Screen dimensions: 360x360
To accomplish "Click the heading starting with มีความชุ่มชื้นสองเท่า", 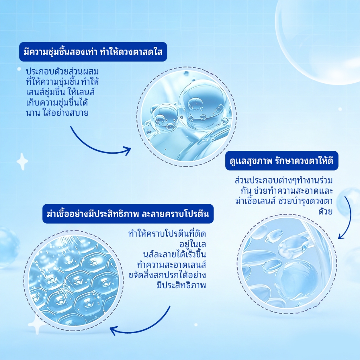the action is [x=93, y=52].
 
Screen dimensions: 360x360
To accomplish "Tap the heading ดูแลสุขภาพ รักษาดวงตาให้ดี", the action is [x=282, y=161].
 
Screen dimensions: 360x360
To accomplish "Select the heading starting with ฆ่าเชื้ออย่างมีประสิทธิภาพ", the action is [x=128, y=214].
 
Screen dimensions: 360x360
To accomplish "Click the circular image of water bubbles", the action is [x=187, y=117].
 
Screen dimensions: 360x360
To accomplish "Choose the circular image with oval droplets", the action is [x=287, y=264].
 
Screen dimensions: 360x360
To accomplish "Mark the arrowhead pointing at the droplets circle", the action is [x=341, y=236].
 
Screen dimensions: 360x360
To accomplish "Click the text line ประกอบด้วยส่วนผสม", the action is [x=62, y=72].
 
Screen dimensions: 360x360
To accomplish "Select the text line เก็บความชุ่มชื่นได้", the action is [x=57, y=103].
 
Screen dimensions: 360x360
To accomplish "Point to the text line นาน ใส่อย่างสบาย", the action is [x=57, y=113].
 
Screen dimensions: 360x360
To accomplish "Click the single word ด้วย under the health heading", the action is [x=326, y=211].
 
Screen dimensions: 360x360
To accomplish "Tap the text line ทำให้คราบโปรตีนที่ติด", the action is [x=167, y=234].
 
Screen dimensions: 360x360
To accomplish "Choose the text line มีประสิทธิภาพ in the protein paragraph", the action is [x=181, y=285].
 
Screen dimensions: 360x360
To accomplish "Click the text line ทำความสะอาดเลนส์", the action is [x=171, y=265].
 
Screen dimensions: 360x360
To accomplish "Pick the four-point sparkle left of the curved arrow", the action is [x=22, y=161].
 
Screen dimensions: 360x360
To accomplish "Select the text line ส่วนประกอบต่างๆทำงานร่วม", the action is [x=284, y=180].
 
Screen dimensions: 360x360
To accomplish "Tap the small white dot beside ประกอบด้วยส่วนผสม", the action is [x=19, y=69].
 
